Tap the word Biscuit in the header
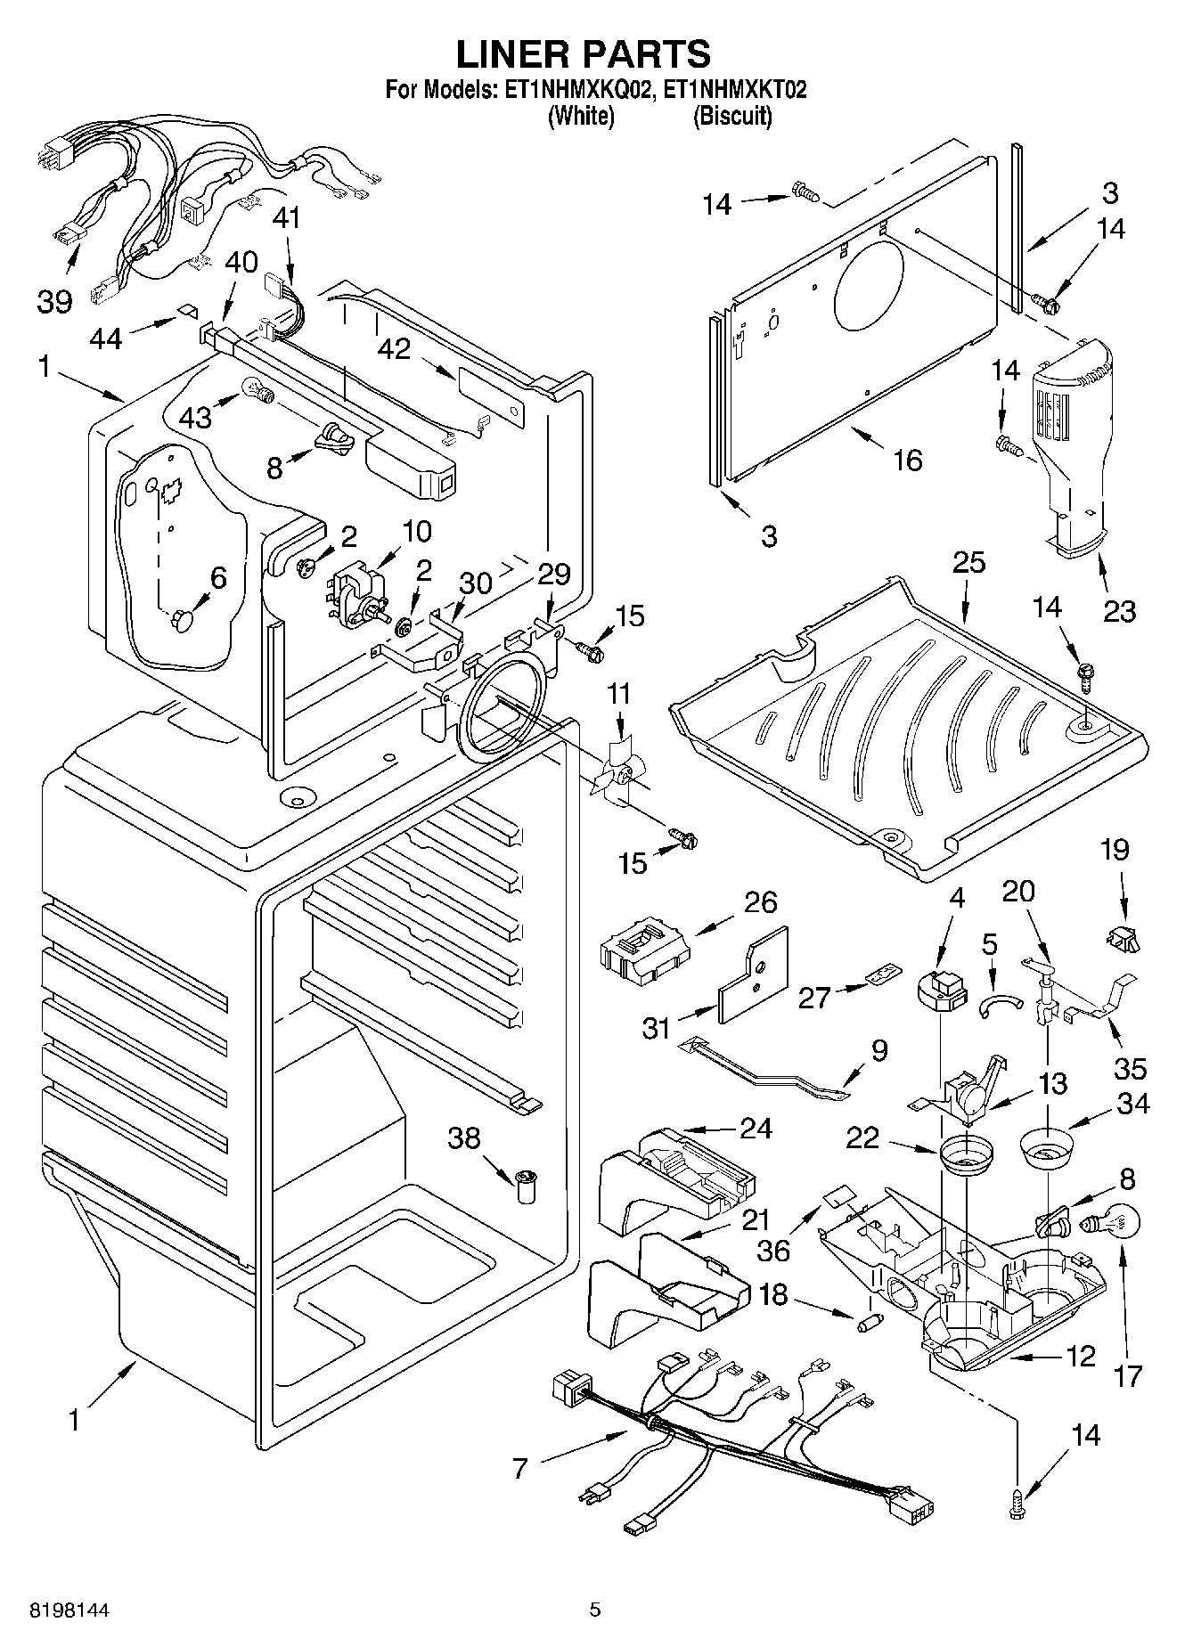[731, 116]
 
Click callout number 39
[54, 301]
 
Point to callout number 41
[287, 217]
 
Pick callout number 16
[907, 460]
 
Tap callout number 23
[1119, 611]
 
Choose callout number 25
[968, 562]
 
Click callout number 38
[464, 1137]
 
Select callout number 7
[520, 1468]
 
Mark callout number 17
[1127, 1375]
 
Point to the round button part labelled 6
[184, 620]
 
